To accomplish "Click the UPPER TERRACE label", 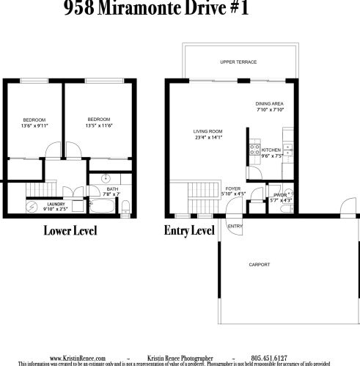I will pos(238,62).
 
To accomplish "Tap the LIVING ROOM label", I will pos(207,131).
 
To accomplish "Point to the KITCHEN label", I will pos(271,150).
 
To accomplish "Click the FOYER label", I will pos(232,189).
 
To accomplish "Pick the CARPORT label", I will pos(259,265).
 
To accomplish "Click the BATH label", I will pos(111,189).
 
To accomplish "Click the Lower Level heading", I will pos(70,231).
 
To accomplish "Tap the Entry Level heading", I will pos(189,231).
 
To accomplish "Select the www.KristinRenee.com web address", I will pos(78,357).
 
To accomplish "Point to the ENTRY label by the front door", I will pos(235,226).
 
